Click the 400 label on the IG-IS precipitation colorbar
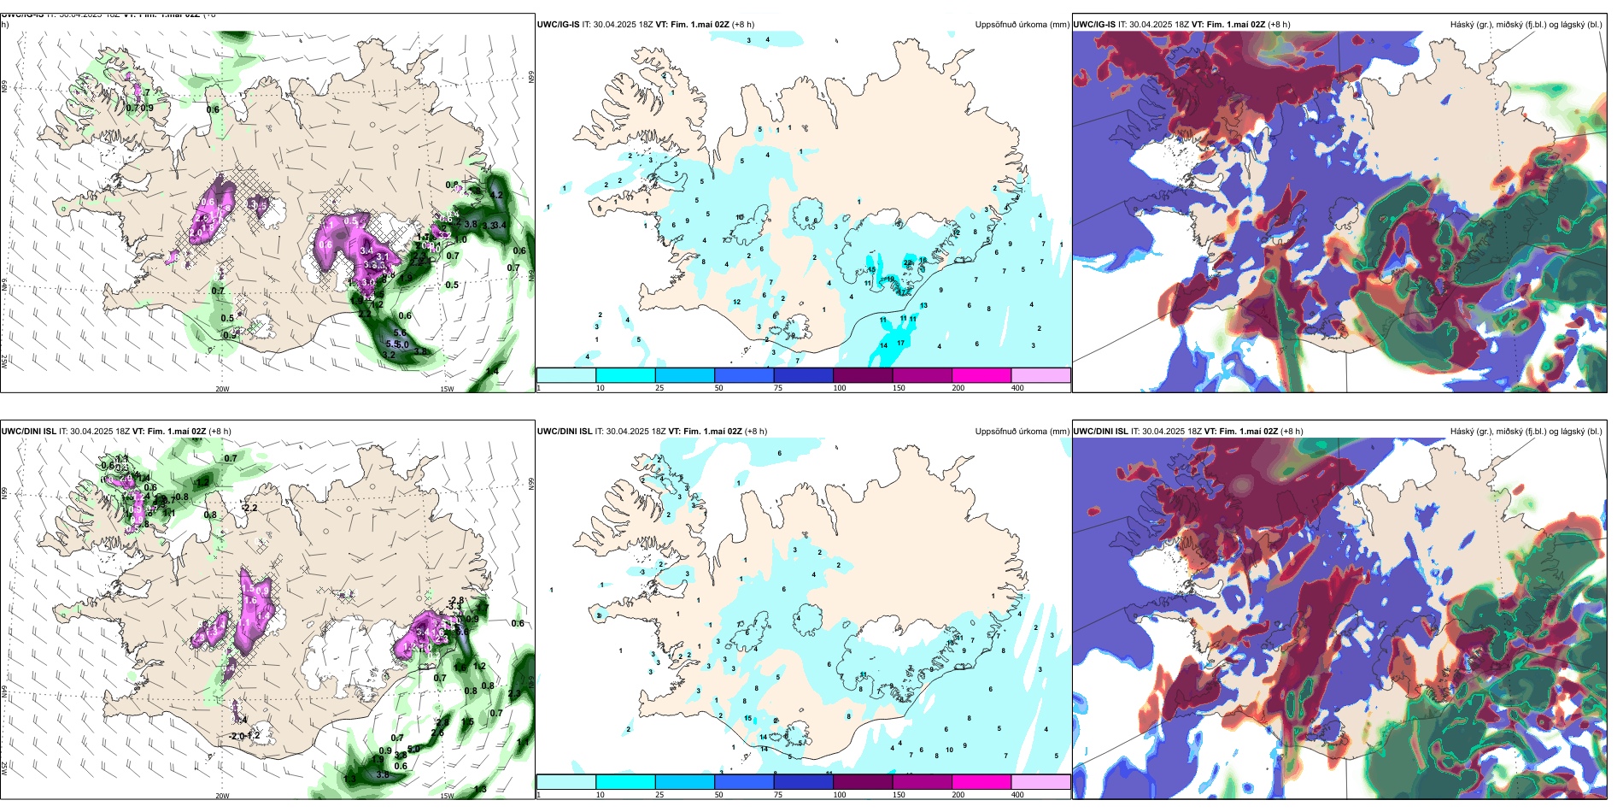click(x=1017, y=388)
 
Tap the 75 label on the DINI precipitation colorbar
click(x=778, y=795)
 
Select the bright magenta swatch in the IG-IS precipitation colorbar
click(x=981, y=375)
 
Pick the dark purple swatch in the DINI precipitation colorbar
click(x=863, y=782)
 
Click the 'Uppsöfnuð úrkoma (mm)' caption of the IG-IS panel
click(x=1022, y=25)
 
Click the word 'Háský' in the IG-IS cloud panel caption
click(x=1462, y=25)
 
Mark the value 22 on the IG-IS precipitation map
click(x=907, y=263)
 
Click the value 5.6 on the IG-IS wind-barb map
click(x=400, y=333)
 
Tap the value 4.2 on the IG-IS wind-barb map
click(x=496, y=195)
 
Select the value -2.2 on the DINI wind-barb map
click(x=249, y=508)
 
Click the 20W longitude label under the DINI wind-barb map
click(x=222, y=796)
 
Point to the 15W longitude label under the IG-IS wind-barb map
click(x=447, y=389)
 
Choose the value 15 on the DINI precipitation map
click(x=748, y=719)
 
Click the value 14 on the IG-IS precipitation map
click(x=883, y=346)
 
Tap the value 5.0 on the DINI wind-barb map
click(x=413, y=749)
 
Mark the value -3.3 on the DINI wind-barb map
click(x=454, y=607)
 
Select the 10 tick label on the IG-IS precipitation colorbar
click(x=600, y=388)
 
